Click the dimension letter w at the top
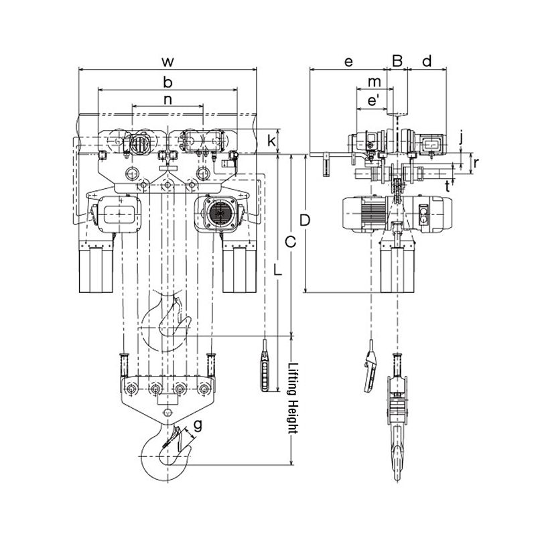[x=168, y=62]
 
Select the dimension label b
[x=168, y=82]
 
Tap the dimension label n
[x=168, y=100]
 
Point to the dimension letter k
[x=271, y=141]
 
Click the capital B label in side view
[x=397, y=62]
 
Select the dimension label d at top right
[x=427, y=62]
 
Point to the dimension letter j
[x=461, y=139]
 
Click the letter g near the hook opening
[x=198, y=424]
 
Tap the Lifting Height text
[x=291, y=400]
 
